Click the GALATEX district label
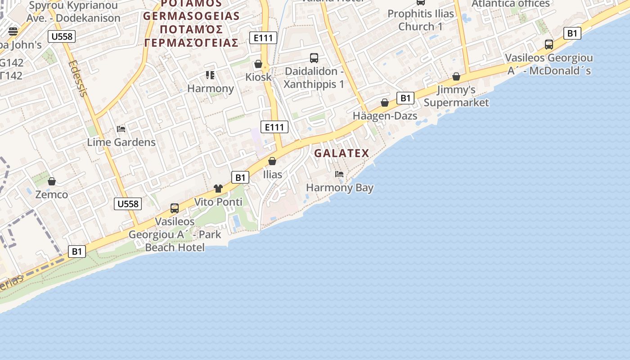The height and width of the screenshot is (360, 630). click(342, 153)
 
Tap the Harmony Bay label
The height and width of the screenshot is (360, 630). click(340, 187)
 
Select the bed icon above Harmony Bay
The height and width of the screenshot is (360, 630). click(339, 174)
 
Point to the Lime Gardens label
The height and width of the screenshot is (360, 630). click(121, 142)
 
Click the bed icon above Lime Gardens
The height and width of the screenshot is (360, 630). click(121, 129)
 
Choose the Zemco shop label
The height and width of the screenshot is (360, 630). click(52, 194)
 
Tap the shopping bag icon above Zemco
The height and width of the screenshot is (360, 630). click(52, 181)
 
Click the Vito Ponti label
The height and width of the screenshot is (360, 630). click(218, 202)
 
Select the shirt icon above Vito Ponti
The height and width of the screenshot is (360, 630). click(218, 189)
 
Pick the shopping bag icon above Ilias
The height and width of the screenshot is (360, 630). click(272, 161)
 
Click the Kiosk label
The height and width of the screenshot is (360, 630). click(258, 77)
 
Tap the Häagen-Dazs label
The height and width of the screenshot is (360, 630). click(385, 116)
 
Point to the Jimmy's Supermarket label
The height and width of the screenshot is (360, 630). click(456, 96)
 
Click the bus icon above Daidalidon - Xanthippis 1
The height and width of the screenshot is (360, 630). click(314, 58)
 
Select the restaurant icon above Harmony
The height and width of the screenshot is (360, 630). click(210, 75)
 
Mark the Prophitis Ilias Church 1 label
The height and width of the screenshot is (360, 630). click(421, 20)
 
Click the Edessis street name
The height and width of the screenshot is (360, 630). click(77, 78)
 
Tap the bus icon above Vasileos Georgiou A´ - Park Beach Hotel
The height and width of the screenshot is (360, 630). click(175, 208)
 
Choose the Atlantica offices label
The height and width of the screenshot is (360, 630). click(510, 4)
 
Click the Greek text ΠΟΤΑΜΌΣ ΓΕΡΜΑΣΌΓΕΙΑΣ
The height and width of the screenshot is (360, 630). click(191, 36)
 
